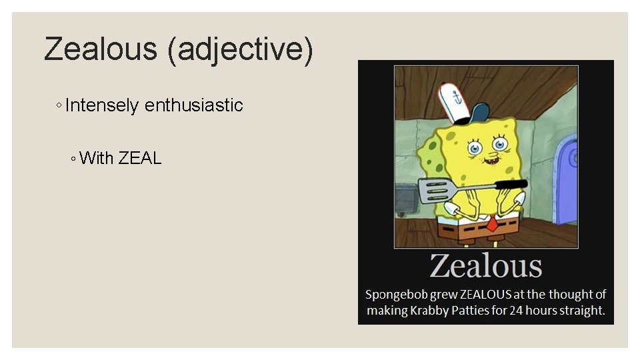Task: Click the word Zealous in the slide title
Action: point(101,50)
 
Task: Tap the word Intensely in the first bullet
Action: point(102,105)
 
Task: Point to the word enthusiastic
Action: point(194,105)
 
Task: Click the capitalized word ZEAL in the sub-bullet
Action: point(140,158)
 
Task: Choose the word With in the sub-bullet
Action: point(96,158)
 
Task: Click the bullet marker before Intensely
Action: point(59,105)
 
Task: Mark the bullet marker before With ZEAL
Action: point(73,158)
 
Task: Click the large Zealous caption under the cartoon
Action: point(485,265)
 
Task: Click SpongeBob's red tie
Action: point(491,224)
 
